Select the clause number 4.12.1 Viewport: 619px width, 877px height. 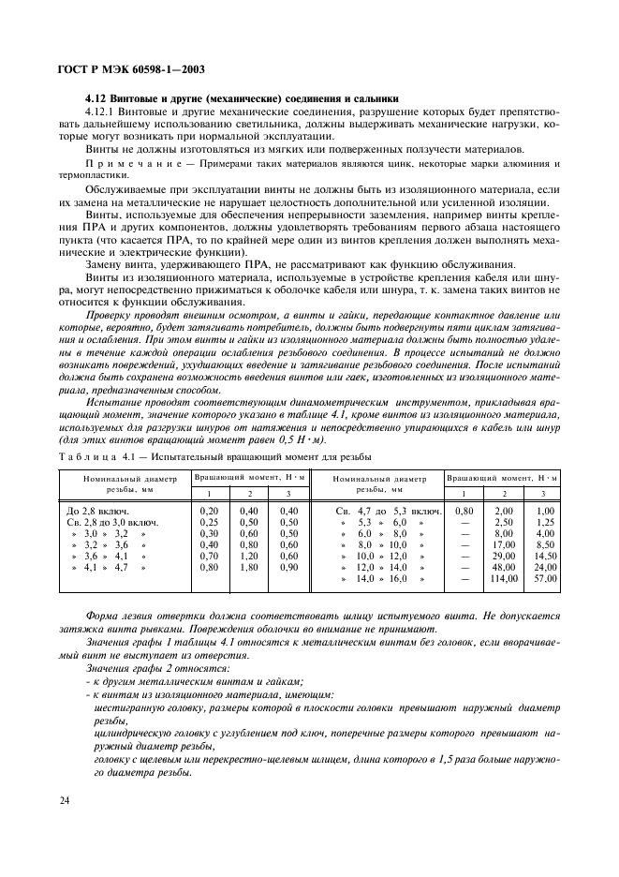(102, 112)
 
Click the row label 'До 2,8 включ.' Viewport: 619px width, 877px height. (100, 510)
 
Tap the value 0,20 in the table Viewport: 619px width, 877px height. (210, 510)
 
